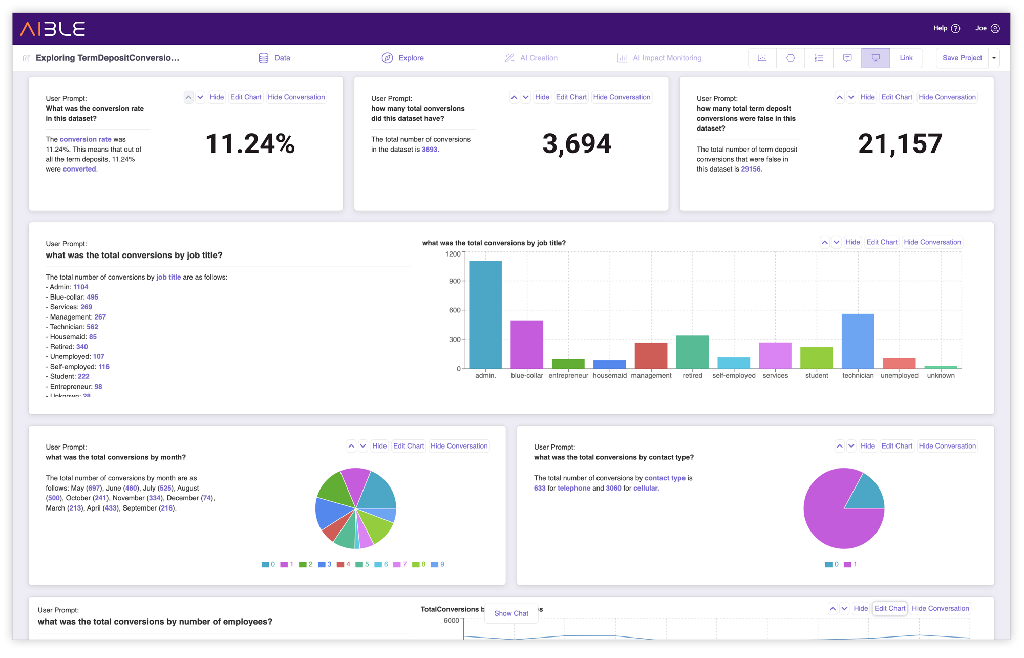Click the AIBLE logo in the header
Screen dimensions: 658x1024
point(53,29)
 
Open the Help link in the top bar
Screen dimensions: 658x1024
point(946,28)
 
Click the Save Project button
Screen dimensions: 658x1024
point(962,58)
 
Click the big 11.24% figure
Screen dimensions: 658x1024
point(250,144)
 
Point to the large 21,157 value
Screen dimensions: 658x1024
point(900,144)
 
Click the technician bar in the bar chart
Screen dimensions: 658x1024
point(858,341)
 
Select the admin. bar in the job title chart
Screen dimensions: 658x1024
point(485,314)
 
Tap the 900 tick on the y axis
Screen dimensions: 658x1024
point(454,281)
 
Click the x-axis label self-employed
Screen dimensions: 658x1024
point(733,375)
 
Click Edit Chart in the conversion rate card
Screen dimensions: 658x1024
point(246,97)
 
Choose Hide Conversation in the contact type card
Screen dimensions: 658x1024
point(947,446)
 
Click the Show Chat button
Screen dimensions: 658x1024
point(511,613)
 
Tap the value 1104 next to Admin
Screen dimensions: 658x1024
point(80,287)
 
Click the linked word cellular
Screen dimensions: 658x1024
point(645,488)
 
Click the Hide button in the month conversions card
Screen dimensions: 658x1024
point(379,446)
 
